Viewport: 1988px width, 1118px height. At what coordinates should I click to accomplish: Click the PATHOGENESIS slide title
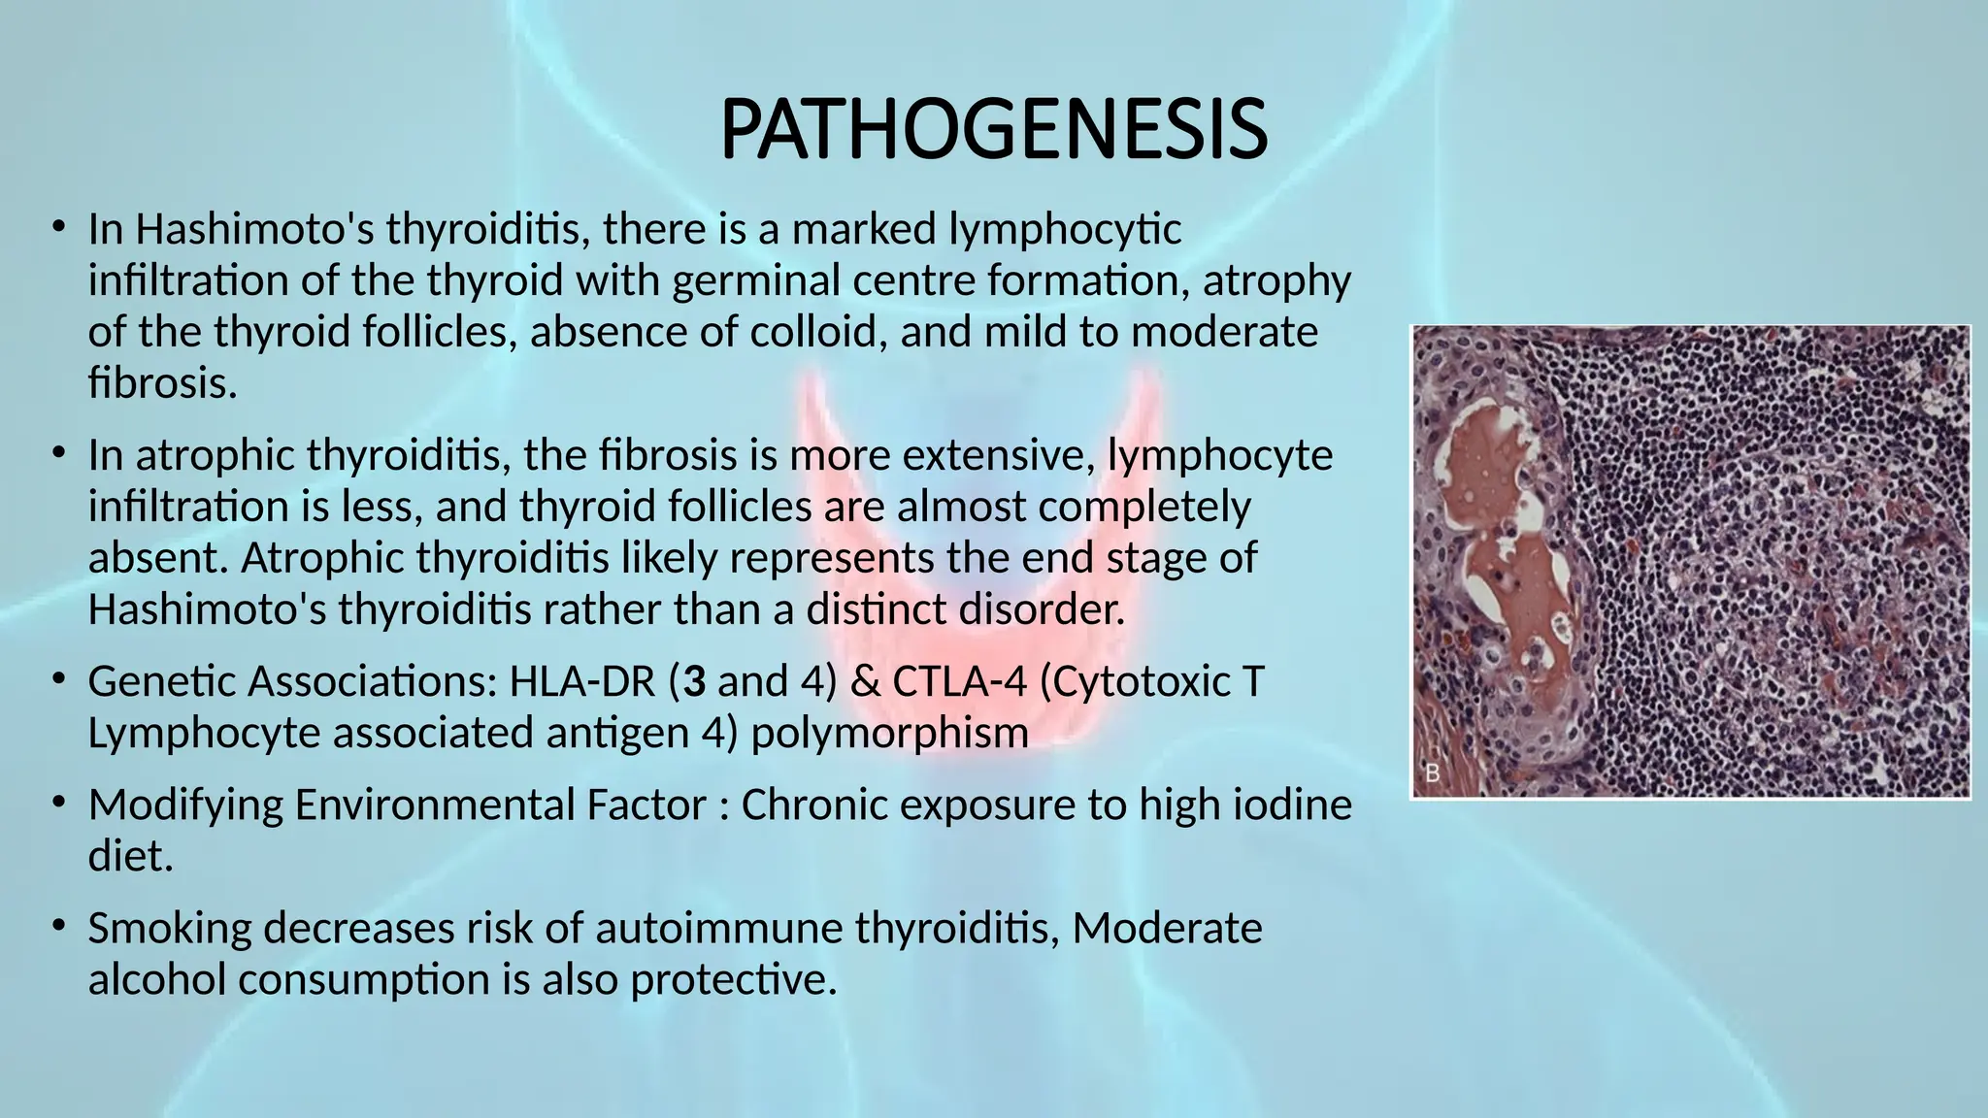coord(993,131)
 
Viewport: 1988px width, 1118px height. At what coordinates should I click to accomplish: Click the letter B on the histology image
coord(1433,773)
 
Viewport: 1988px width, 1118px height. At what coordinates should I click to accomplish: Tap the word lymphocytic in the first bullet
coord(1065,230)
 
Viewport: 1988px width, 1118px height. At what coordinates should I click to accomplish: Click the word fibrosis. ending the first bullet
coord(162,383)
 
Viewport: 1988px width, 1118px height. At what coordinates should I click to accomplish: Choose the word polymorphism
coord(889,733)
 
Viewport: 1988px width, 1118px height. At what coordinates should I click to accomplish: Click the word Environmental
coord(501,805)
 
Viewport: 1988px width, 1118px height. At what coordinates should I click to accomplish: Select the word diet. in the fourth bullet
coord(130,856)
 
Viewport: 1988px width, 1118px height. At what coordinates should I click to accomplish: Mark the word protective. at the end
coord(733,979)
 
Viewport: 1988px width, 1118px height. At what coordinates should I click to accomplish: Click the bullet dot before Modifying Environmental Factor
coord(59,803)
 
